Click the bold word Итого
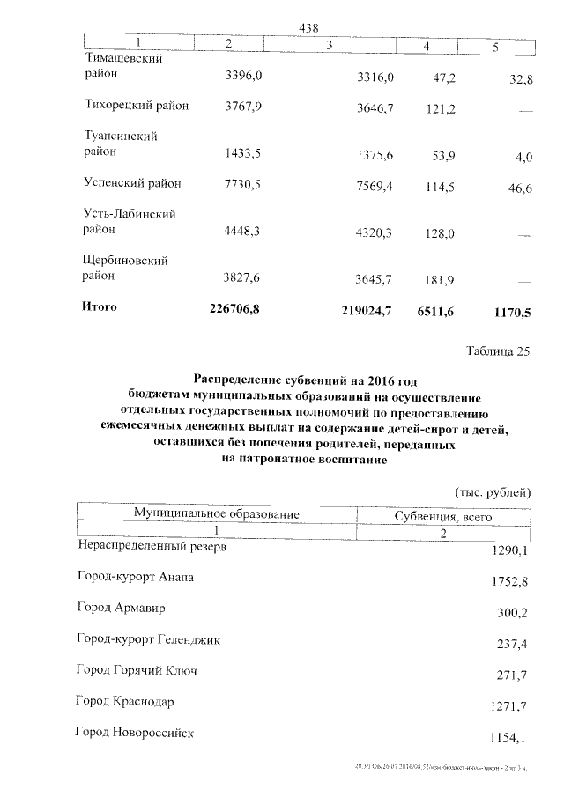pyautogui.click(x=99, y=307)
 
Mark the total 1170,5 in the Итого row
pyautogui.click(x=508, y=312)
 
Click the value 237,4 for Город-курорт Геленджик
pyautogui.click(x=512, y=645)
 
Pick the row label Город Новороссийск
pyautogui.click(x=135, y=733)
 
